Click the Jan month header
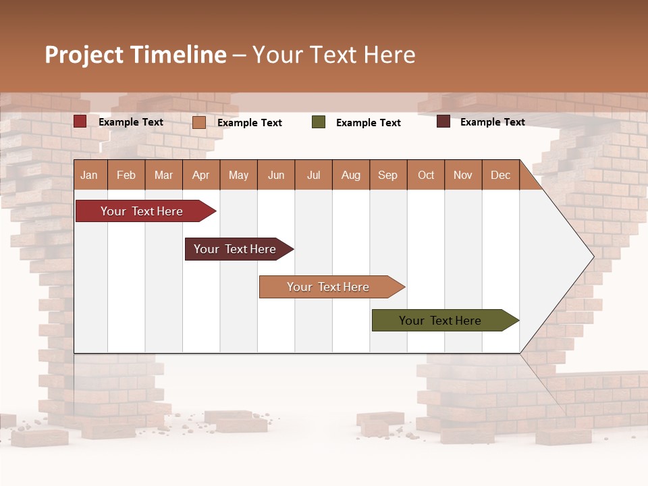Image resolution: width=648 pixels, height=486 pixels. [89, 175]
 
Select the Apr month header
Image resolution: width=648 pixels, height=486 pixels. [200, 175]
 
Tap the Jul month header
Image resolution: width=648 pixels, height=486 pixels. [313, 175]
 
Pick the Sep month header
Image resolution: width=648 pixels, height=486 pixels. [387, 175]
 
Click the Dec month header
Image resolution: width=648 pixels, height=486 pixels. [500, 175]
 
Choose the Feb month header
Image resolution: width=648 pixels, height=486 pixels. [126, 175]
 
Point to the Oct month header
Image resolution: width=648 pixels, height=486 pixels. [426, 175]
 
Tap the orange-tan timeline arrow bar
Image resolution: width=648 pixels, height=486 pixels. [329, 287]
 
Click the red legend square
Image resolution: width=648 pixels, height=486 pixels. [80, 122]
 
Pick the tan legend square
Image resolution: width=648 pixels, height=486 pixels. [199, 122]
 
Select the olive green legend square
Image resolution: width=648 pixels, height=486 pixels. [319, 122]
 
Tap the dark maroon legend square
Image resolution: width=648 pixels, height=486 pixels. [443, 122]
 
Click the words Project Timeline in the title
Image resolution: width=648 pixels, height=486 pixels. [135, 55]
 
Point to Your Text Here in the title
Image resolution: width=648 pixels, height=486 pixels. [333, 55]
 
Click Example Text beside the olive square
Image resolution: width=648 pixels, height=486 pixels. [368, 123]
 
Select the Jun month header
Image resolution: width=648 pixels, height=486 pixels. [276, 175]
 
